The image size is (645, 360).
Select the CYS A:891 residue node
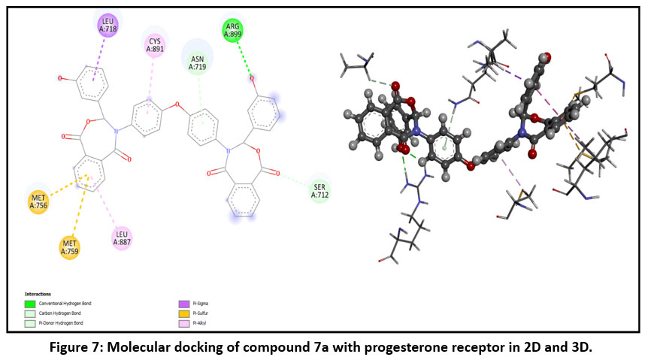coord(154,44)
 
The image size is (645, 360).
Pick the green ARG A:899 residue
coord(233,29)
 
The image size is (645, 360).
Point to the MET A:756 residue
coord(38,201)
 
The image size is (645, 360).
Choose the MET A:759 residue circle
coord(70,246)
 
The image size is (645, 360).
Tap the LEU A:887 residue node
coord(123,237)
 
